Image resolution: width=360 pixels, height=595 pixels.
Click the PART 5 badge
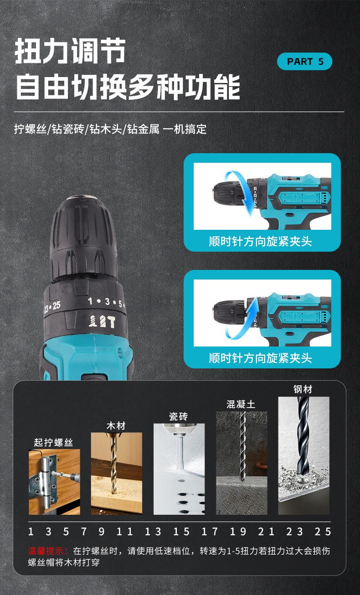304,62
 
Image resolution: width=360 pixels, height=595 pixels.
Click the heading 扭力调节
70,51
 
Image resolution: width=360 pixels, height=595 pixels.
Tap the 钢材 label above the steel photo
303,389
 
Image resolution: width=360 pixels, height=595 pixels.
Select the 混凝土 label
241,404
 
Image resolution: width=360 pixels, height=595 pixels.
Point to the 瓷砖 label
179,416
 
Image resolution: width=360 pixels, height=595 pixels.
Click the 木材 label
116,426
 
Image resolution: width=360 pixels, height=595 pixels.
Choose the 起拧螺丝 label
53,442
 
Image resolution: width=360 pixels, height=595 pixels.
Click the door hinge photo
54,482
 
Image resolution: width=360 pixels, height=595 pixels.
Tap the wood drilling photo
117,473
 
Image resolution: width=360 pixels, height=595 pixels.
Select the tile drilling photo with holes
179,469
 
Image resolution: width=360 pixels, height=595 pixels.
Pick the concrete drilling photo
242,463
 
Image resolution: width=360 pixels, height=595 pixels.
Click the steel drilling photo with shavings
303,455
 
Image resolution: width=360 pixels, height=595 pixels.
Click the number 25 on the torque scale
323,532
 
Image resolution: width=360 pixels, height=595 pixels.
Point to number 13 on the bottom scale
153,532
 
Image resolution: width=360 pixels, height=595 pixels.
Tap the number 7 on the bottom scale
84,532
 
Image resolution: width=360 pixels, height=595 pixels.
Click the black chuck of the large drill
84,238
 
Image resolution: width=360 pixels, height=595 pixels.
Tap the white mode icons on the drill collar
102,321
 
